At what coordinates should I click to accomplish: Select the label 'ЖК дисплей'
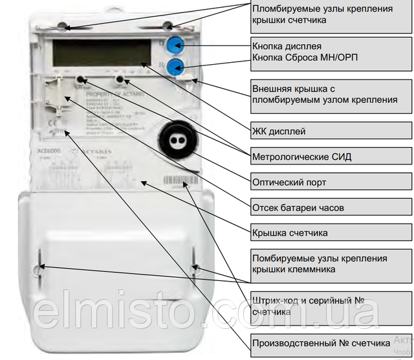tap(278, 131)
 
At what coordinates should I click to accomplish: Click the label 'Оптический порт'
tap(289, 183)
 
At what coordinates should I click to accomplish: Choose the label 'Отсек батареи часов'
tap(298, 208)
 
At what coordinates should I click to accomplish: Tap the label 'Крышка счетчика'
tap(290, 232)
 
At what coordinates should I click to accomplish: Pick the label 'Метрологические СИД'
tap(300, 156)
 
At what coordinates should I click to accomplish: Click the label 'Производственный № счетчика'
tap(321, 341)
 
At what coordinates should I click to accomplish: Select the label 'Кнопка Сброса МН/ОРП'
tap(305, 58)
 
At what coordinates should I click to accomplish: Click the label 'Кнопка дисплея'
tap(287, 47)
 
